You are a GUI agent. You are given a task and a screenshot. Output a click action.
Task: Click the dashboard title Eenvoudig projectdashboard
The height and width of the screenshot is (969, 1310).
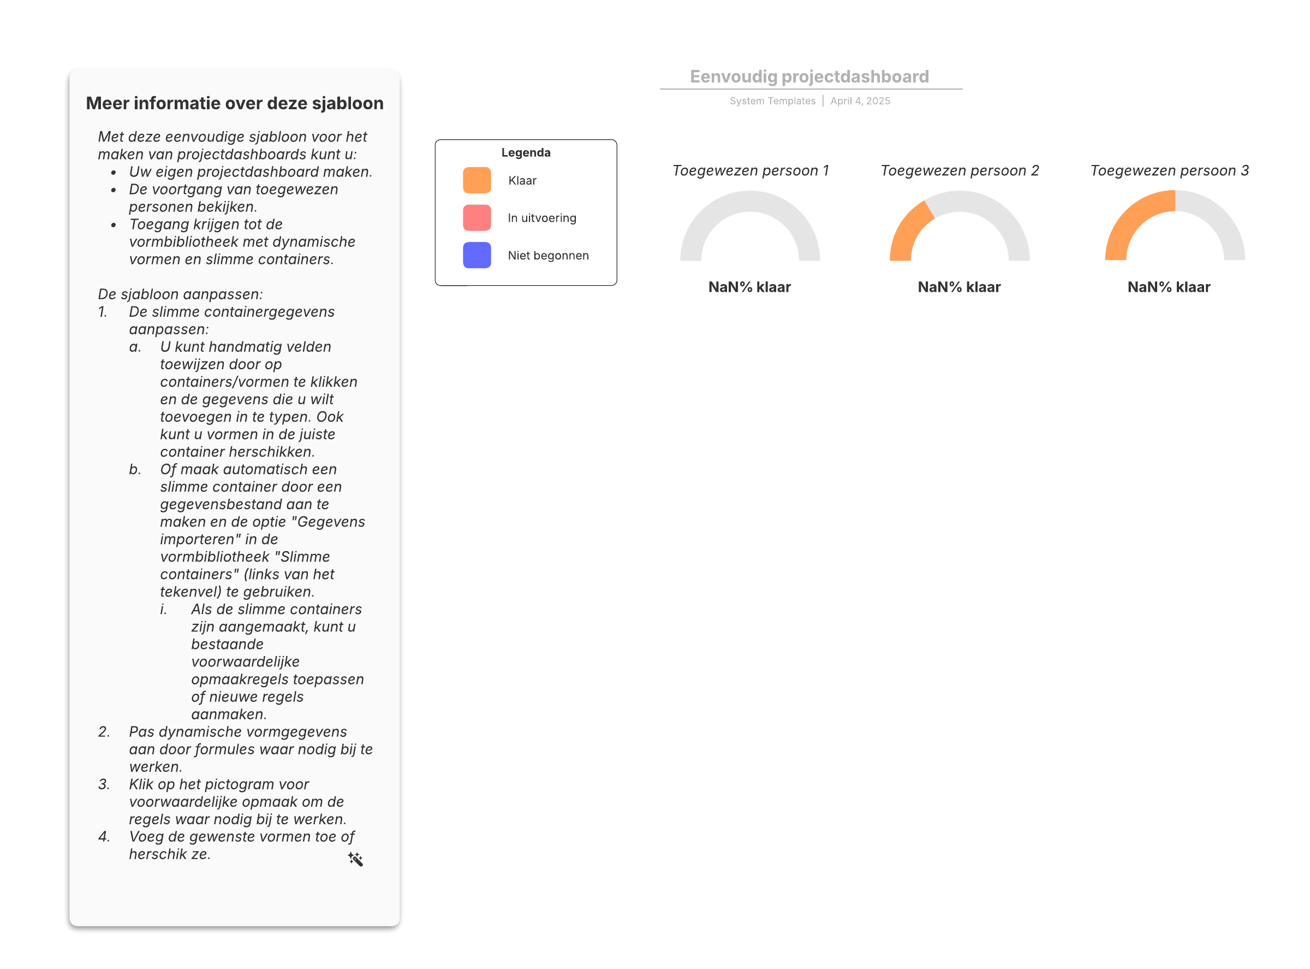(x=809, y=76)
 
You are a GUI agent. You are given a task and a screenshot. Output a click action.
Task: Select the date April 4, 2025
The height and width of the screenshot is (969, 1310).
(x=860, y=101)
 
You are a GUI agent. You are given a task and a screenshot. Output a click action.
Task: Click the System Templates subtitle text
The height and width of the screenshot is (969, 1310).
(x=772, y=101)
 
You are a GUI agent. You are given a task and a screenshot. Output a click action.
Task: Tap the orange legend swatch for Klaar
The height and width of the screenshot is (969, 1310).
(x=477, y=180)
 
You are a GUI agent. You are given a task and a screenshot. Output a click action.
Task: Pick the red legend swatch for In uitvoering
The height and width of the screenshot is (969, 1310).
(x=477, y=217)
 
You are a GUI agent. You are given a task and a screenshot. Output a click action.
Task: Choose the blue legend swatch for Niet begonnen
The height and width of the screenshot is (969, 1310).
(x=477, y=255)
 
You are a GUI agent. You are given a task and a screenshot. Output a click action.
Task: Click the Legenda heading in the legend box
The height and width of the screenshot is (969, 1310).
(x=526, y=152)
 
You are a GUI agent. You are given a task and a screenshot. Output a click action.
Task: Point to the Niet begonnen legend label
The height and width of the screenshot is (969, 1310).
(x=548, y=255)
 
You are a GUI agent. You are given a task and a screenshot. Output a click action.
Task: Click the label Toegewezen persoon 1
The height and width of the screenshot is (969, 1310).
(x=750, y=170)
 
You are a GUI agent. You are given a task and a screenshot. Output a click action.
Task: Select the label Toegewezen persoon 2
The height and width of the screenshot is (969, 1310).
(x=960, y=170)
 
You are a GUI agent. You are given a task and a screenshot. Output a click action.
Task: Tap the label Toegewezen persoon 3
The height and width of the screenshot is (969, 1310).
(x=1169, y=170)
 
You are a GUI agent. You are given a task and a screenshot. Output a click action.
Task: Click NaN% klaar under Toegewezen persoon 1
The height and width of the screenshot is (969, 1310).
(x=749, y=287)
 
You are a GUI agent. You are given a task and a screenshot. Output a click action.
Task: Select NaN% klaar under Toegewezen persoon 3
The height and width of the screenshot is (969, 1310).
(x=1169, y=287)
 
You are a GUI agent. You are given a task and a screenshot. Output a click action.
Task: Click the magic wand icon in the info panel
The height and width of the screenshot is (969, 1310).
(x=355, y=859)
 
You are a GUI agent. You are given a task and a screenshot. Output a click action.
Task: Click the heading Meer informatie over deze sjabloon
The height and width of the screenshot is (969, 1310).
(x=235, y=103)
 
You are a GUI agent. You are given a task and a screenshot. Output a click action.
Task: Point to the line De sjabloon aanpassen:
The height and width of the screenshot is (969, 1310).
(x=180, y=294)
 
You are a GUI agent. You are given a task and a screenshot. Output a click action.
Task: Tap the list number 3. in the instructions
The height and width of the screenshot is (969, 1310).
(x=104, y=784)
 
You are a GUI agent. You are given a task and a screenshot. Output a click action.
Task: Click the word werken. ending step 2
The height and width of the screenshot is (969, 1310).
(x=156, y=767)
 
